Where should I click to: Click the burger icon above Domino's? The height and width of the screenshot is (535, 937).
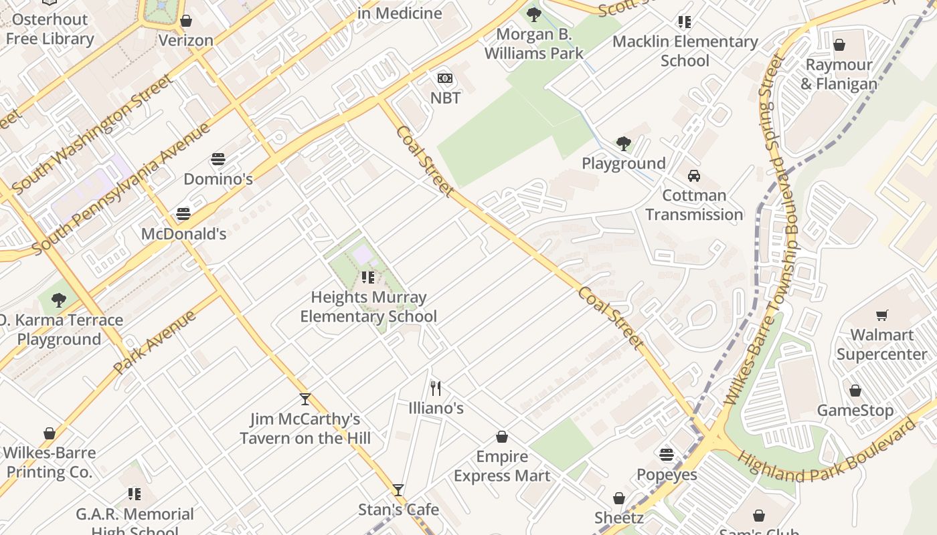(218, 159)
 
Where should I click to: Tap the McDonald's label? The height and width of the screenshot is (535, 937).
(183, 234)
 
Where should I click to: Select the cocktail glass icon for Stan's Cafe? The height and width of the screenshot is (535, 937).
(398, 490)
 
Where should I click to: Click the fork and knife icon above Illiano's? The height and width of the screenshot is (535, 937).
(436, 388)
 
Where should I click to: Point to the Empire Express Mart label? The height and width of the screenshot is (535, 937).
(502, 466)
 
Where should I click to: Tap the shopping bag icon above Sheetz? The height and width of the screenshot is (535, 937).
(619, 498)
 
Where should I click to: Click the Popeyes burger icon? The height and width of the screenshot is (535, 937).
(666, 455)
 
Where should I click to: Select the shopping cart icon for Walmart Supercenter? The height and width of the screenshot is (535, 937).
(882, 315)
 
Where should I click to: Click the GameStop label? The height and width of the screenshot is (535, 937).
(855, 411)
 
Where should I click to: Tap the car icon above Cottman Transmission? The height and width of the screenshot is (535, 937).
(694, 176)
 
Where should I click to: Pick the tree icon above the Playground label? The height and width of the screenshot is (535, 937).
(623, 144)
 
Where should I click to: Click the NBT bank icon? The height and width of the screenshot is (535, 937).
(445, 78)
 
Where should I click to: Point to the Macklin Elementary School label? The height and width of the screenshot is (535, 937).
(685, 51)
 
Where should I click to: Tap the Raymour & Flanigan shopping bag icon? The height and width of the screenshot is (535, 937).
(839, 45)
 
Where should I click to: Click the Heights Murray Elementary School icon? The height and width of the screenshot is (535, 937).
(367, 277)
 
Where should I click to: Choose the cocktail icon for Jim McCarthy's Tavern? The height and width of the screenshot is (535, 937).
(305, 399)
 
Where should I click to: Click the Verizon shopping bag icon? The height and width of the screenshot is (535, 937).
(186, 21)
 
